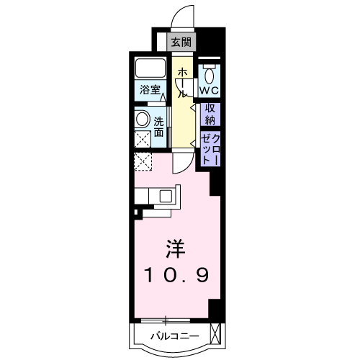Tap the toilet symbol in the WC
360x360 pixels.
point(210,74)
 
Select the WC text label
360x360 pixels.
point(210,91)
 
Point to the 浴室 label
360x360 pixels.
point(150,92)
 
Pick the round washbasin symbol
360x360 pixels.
point(143,120)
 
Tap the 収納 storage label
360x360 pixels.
point(210,114)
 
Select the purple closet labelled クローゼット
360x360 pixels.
point(210,148)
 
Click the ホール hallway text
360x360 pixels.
point(183,82)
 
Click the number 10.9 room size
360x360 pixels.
point(176,276)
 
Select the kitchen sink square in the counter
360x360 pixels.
point(166,194)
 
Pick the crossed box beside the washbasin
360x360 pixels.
point(143,139)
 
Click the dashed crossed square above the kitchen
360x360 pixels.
point(143,162)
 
